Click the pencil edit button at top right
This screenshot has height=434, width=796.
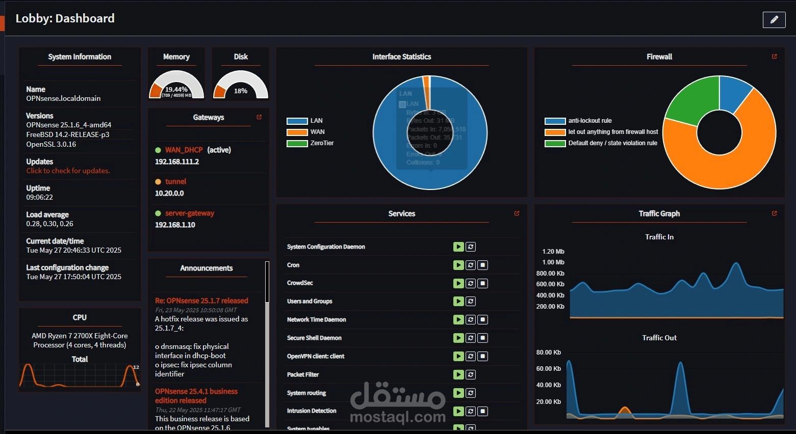pyautogui.click(x=774, y=20)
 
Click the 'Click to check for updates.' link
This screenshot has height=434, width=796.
pyautogui.click(x=68, y=171)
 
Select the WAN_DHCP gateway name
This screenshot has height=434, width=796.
pyautogui.click(x=184, y=150)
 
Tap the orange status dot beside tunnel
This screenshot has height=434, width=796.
pyautogui.click(x=158, y=182)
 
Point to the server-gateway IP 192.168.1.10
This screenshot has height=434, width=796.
pyautogui.click(x=175, y=225)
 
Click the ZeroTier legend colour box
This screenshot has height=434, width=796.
pyautogui.click(x=297, y=143)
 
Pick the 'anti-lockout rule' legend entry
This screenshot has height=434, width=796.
pyautogui.click(x=589, y=121)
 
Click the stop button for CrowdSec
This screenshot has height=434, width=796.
pyautogui.click(x=483, y=283)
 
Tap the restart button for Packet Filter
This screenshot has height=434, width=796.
pyautogui.click(x=471, y=374)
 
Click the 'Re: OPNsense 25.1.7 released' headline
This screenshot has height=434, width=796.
pyautogui.click(x=201, y=301)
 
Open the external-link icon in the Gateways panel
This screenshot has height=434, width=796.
pyautogui.click(x=259, y=117)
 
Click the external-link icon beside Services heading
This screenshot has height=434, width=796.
pyautogui.click(x=517, y=213)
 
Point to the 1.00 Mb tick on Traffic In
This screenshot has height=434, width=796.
pyautogui.click(x=553, y=262)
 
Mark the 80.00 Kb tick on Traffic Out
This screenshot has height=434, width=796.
pyautogui.click(x=548, y=352)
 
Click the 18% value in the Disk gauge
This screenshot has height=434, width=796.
pyautogui.click(x=241, y=91)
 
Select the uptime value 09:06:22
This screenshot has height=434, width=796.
pyautogui.click(x=40, y=197)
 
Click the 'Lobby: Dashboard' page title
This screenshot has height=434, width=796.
pyautogui.click(x=65, y=18)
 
